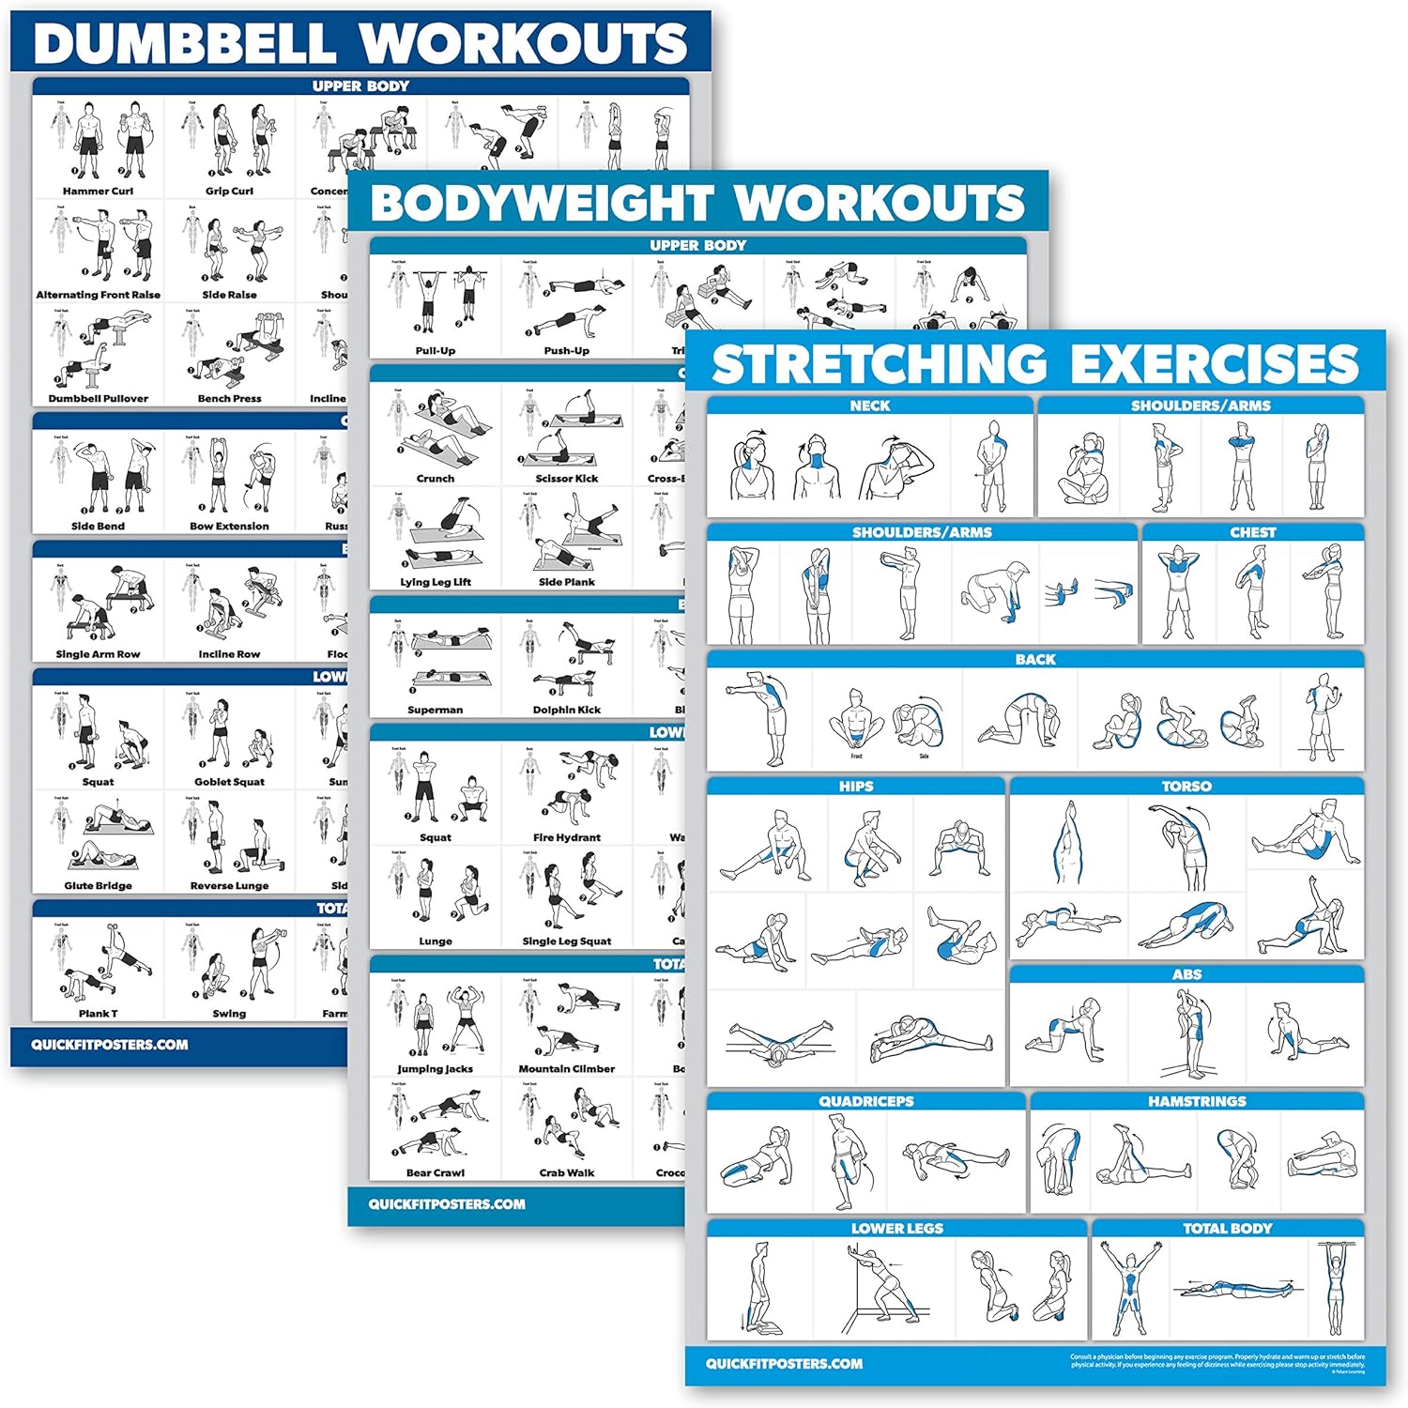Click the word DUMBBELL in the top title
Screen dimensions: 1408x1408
tap(184, 43)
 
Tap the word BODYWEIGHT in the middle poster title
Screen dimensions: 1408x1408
tap(542, 204)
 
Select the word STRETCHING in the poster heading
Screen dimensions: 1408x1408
tap(880, 364)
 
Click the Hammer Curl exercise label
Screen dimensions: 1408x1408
tap(98, 191)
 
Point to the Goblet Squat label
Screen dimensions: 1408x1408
tap(229, 782)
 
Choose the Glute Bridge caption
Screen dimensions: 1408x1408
tap(98, 886)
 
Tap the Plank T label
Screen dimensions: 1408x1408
tap(98, 1014)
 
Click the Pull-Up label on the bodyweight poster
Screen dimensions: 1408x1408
tap(435, 351)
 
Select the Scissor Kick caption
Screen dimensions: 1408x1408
tap(566, 479)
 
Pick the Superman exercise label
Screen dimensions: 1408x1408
tap(435, 711)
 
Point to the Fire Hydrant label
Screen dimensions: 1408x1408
tap(566, 838)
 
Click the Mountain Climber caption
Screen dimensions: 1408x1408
tap(566, 1069)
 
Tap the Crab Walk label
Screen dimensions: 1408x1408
tap(566, 1173)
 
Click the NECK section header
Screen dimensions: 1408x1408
tap(869, 406)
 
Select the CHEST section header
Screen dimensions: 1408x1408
tap(1252, 532)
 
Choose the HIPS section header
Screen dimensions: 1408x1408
tap(855, 787)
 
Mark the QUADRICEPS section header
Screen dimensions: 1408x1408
tap(865, 1101)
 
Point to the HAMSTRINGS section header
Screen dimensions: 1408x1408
tap(1197, 1101)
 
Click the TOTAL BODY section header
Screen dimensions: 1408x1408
tap(1227, 1229)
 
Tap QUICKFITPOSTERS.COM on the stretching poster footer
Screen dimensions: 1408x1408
tap(784, 1364)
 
